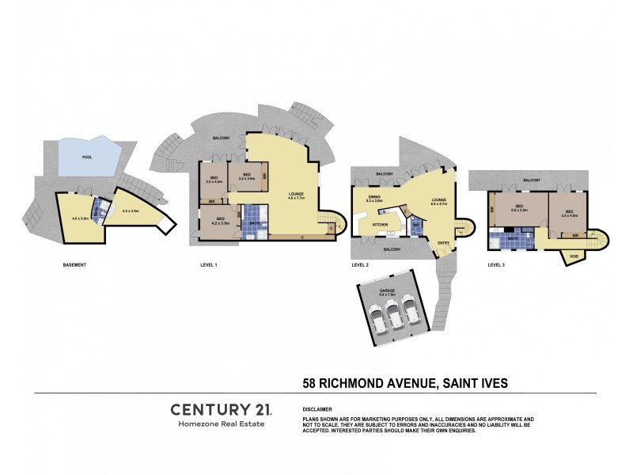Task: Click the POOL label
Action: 87,157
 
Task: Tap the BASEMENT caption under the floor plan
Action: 74,264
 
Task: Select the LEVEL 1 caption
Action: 209,264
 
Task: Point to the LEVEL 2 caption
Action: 360,264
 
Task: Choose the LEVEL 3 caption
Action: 496,264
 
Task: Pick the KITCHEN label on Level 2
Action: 380,225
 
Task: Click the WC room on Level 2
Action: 416,225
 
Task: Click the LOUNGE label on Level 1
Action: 298,195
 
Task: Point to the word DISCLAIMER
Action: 318,409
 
